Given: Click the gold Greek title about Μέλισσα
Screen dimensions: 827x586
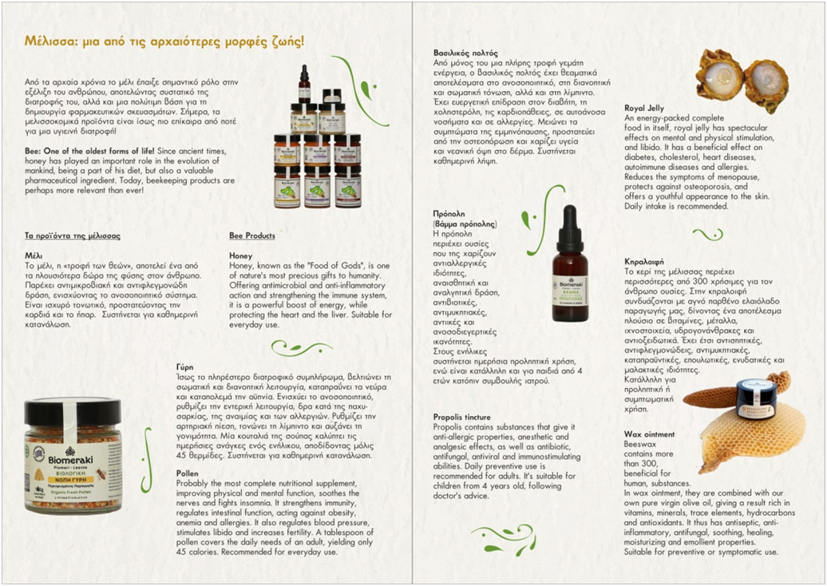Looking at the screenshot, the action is click(x=164, y=42).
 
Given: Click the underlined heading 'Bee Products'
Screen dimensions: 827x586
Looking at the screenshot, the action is click(x=252, y=236).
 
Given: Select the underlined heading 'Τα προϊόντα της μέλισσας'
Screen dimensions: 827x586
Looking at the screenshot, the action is click(x=73, y=236).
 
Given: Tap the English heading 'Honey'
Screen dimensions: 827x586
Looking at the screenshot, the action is click(x=240, y=255).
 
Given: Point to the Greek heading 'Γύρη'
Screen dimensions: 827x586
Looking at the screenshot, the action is click(x=184, y=367).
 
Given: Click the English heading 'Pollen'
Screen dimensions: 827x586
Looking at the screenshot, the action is click(x=188, y=473).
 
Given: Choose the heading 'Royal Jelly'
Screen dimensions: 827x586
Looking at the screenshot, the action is click(x=644, y=108).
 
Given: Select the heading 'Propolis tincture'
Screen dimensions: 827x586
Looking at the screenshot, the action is click(x=462, y=418).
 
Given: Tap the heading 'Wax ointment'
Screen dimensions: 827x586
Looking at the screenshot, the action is click(x=649, y=434).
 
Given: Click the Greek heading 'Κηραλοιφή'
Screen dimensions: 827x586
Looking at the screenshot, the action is click(x=644, y=262).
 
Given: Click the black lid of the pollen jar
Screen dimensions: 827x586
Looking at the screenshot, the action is click(x=73, y=413).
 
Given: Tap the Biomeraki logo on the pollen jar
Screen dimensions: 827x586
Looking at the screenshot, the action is click(x=70, y=457).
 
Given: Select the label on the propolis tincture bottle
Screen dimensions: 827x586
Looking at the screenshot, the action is click(x=570, y=297).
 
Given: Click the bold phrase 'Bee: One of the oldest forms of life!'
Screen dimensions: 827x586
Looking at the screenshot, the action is click(x=89, y=152).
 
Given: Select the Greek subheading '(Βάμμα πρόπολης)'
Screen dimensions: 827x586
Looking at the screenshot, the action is click(x=465, y=224).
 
